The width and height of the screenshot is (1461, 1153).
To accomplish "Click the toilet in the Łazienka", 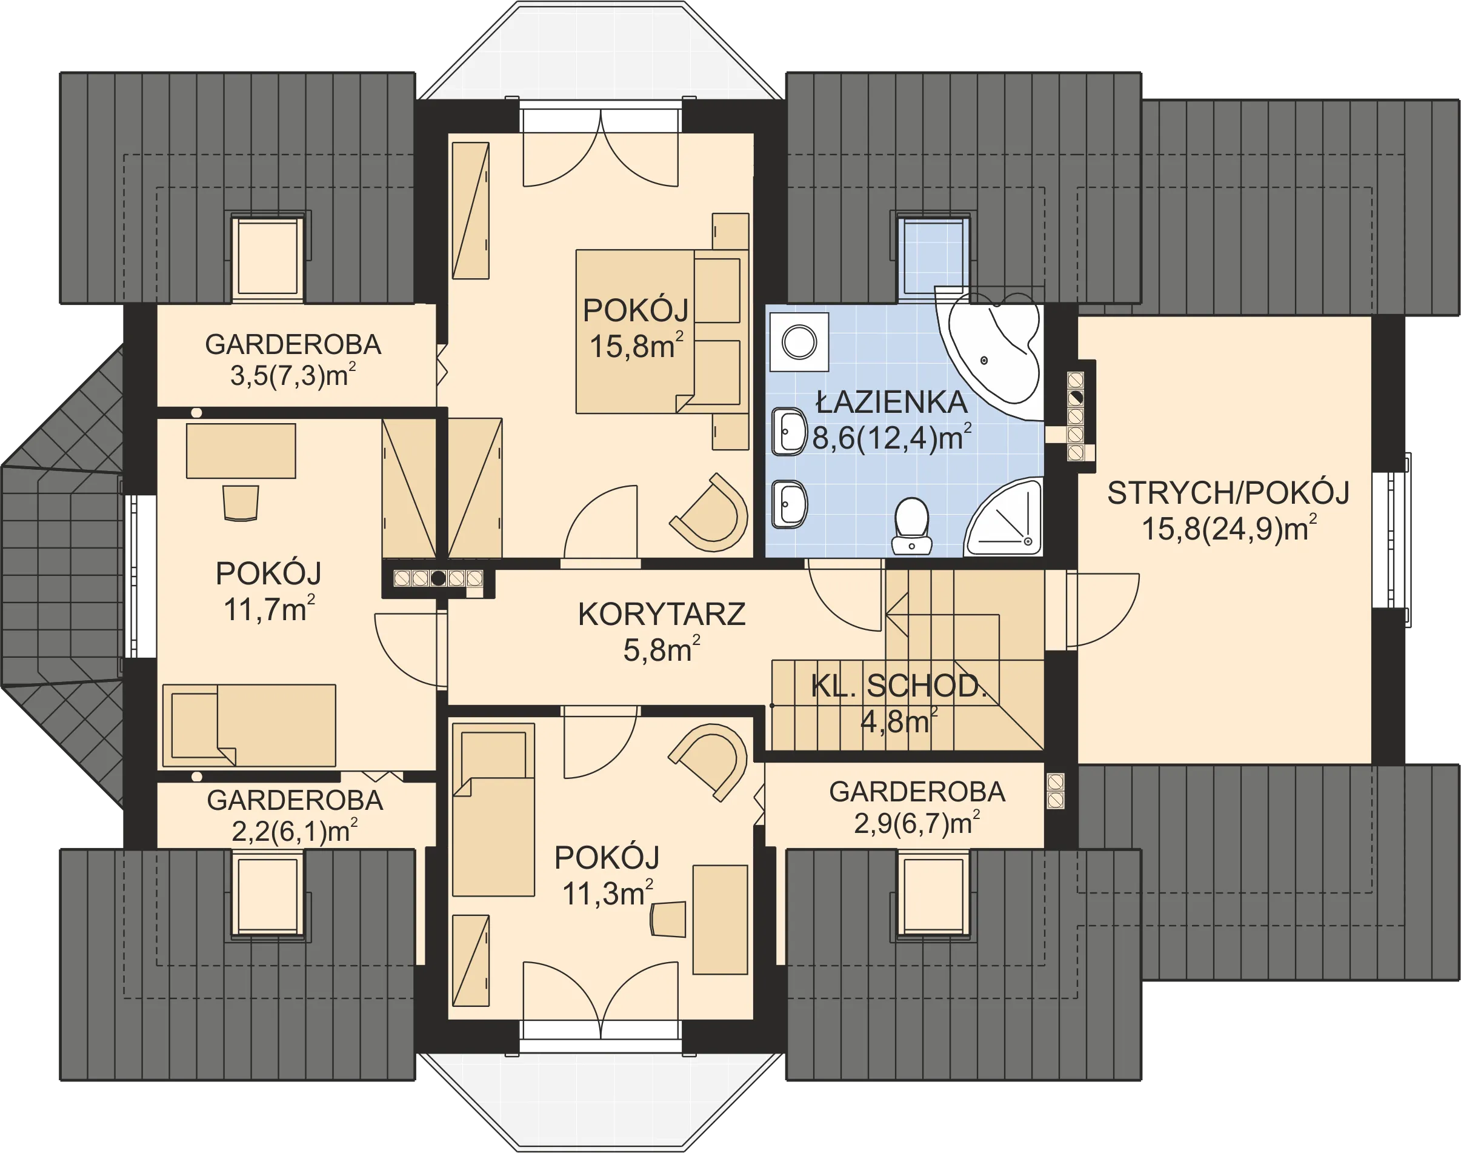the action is coord(912,527).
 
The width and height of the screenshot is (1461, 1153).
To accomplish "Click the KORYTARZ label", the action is coord(661,614).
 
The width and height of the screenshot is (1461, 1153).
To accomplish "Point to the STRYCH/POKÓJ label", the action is coord(1228,493).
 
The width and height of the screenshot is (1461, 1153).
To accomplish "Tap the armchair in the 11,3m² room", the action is coord(708,763).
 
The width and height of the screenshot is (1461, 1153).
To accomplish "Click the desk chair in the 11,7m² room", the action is coord(240,503).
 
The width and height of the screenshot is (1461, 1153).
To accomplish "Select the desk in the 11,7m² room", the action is coord(241,451).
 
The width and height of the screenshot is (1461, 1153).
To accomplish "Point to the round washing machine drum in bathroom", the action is coord(800,343).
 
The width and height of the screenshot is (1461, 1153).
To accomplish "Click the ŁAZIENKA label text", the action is coord(891,403).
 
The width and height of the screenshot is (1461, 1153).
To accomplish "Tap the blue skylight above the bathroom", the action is coord(933,257).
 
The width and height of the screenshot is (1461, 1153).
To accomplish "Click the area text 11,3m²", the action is coord(607,893).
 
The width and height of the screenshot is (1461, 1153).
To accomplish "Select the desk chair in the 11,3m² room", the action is coord(668,919).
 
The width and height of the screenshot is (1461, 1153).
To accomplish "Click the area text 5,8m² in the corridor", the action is coord(661,649).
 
